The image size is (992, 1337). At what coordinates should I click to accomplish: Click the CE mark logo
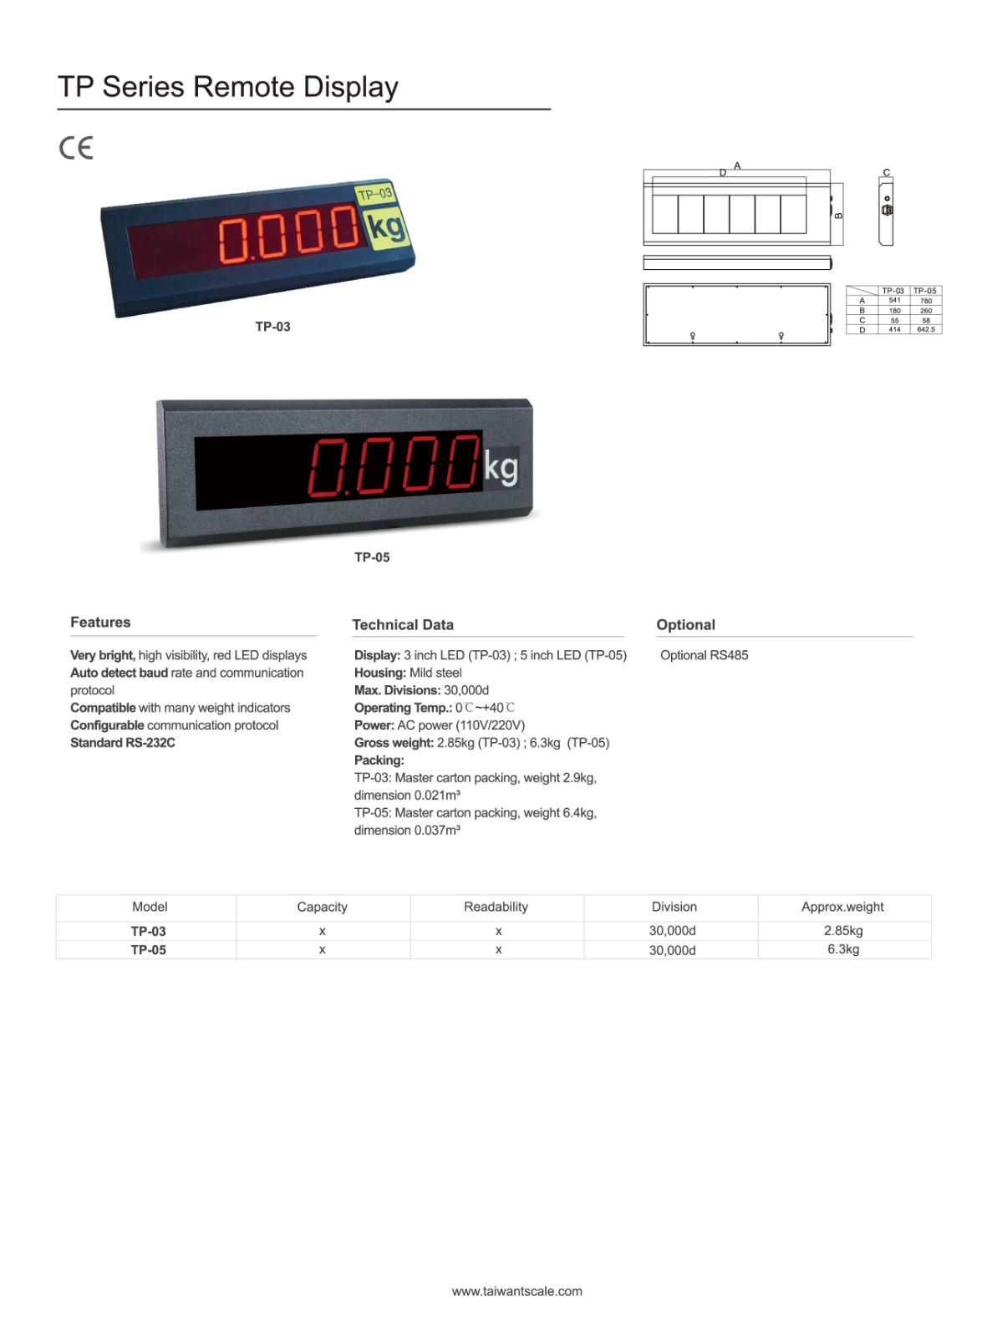(x=76, y=148)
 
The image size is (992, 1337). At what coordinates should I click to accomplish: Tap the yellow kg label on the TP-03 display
(x=385, y=226)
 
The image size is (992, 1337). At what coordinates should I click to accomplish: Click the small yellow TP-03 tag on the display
(x=374, y=194)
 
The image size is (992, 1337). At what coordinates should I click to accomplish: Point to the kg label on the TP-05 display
(x=501, y=468)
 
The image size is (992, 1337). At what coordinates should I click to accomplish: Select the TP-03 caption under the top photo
(x=272, y=327)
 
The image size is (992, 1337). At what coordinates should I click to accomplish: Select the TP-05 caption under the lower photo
(x=372, y=557)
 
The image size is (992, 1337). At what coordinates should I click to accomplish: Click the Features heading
(x=100, y=623)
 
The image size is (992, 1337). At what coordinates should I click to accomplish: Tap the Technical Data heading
(x=403, y=625)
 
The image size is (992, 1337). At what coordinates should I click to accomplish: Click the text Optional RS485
(x=704, y=655)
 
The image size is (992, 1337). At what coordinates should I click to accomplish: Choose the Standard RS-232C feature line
(x=123, y=743)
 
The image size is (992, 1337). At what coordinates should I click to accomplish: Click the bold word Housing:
(x=380, y=673)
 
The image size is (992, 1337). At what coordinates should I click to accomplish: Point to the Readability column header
(x=496, y=907)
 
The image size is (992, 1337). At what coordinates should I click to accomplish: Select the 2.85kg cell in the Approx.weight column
(x=843, y=931)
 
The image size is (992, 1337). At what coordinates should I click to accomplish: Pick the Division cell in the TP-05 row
(x=673, y=950)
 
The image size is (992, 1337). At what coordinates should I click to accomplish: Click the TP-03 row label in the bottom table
(x=148, y=931)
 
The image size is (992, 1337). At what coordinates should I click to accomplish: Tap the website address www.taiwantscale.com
(x=517, y=1291)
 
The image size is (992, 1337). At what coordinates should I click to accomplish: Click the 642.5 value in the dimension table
(x=926, y=329)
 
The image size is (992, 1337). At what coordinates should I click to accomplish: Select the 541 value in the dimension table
(x=894, y=300)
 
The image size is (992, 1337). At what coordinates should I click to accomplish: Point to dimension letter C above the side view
(x=887, y=173)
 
